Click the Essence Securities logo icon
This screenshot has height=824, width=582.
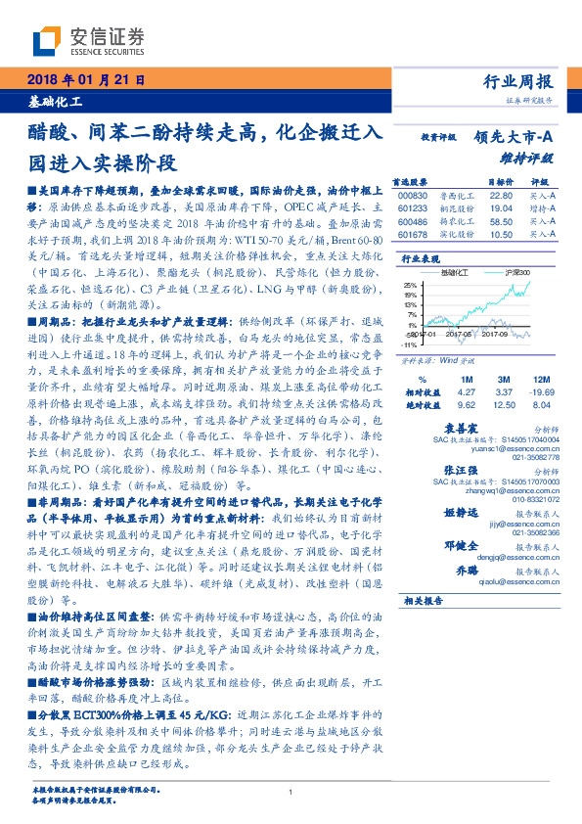click(47, 40)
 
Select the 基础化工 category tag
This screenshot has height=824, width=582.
click(55, 102)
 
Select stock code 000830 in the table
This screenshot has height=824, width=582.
click(410, 194)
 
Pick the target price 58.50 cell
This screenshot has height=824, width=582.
click(502, 221)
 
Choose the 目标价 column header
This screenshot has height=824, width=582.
click(502, 181)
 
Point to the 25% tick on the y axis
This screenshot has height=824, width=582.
click(411, 285)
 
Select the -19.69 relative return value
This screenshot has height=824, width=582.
click(542, 389)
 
